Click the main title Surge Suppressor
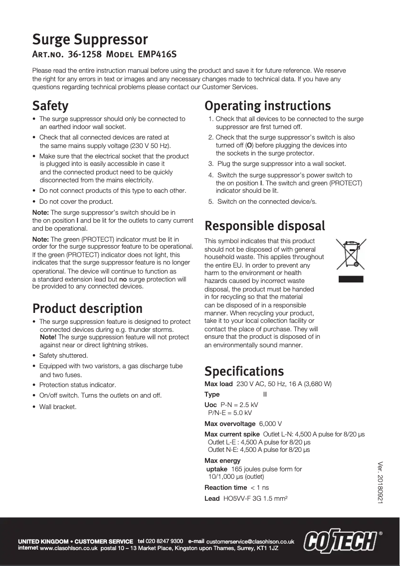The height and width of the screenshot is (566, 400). (x=90, y=39)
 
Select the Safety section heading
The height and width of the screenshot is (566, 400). (x=50, y=106)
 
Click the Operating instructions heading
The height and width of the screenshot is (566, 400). (x=268, y=106)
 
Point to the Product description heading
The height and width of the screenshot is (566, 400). (x=87, y=308)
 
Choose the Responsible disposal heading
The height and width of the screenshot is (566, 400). (x=265, y=226)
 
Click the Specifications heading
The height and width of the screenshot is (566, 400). (x=244, y=371)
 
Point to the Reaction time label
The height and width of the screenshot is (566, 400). (x=226, y=487)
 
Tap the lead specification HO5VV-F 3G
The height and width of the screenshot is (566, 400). (x=248, y=498)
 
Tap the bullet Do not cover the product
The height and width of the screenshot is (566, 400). (x=76, y=202)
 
